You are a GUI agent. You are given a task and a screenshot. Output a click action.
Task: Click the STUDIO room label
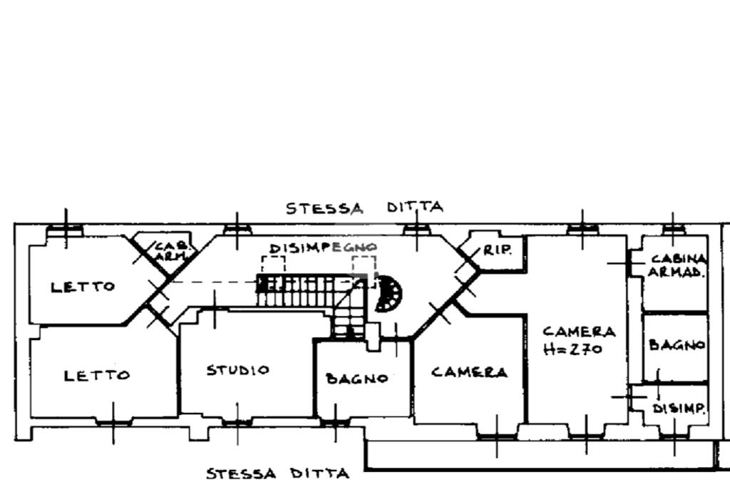238,370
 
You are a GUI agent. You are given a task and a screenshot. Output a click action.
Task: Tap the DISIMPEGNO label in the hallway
323,248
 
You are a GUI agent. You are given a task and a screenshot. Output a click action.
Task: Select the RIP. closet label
497,250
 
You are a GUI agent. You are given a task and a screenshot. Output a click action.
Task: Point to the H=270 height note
572,349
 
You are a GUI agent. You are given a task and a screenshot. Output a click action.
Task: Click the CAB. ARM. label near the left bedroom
173,251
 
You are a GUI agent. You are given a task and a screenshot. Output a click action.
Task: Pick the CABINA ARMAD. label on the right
677,266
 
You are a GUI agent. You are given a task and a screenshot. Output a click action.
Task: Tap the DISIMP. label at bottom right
679,409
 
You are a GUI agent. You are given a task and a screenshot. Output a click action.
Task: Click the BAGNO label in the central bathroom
357,379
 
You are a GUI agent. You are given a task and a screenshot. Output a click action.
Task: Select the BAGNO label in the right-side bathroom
677,345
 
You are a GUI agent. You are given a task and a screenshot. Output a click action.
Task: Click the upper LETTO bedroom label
83,287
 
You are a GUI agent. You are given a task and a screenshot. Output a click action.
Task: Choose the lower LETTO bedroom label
97,375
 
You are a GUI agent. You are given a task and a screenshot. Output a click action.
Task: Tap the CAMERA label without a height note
469,372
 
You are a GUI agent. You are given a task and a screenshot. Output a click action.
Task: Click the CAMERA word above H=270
579,332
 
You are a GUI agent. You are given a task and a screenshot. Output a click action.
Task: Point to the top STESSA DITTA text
364,207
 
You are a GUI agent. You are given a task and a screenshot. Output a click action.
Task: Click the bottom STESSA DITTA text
277,474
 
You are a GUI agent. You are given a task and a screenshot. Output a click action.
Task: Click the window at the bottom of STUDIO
237,422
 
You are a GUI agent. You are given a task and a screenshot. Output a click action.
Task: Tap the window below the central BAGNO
335,422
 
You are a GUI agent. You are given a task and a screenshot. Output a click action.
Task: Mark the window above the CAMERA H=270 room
583,229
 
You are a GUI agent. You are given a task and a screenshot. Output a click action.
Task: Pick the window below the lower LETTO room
113,422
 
